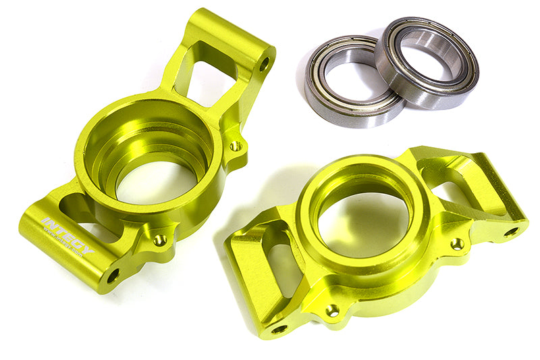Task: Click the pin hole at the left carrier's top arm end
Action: [264, 64]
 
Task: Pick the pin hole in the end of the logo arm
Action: [113, 275]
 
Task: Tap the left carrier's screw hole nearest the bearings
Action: [235, 145]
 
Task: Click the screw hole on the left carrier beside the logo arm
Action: [160, 239]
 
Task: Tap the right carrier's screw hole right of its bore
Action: [458, 243]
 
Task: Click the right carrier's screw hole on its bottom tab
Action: [332, 309]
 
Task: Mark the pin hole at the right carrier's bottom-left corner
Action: [279, 328]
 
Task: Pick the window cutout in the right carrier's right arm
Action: [459, 186]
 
